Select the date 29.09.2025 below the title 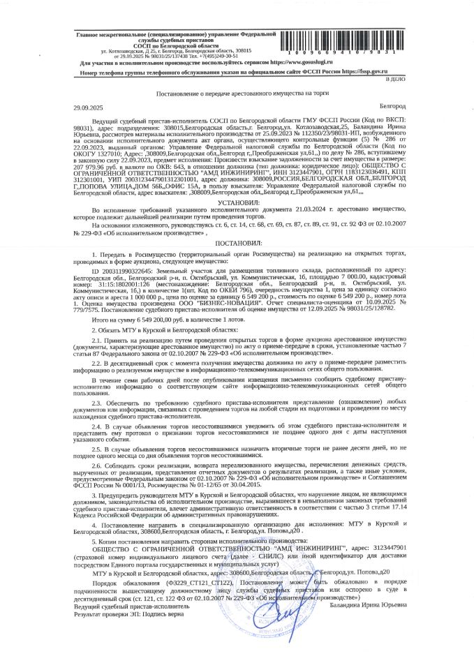click(x=87, y=107)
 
